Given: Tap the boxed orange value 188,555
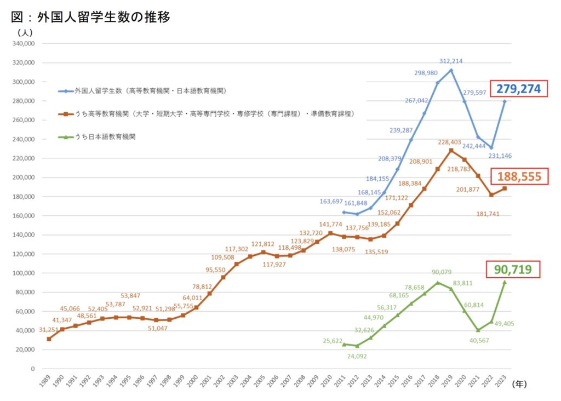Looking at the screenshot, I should pos(519,176).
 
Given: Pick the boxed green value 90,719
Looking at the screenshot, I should pos(513,270).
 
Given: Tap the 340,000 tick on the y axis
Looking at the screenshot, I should pos(23,44).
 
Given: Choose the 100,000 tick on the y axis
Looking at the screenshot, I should pos(23,273).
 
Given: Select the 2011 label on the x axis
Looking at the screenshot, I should pos(341,382).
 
